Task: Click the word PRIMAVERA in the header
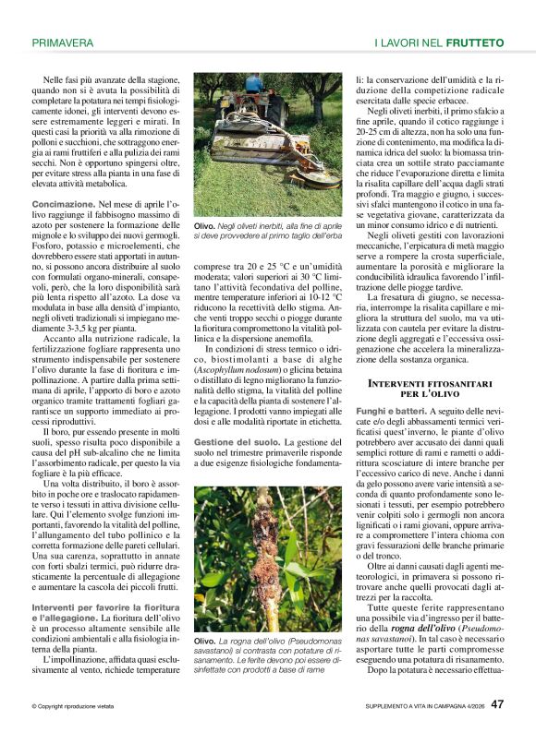click(63, 42)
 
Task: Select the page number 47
click(497, 704)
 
